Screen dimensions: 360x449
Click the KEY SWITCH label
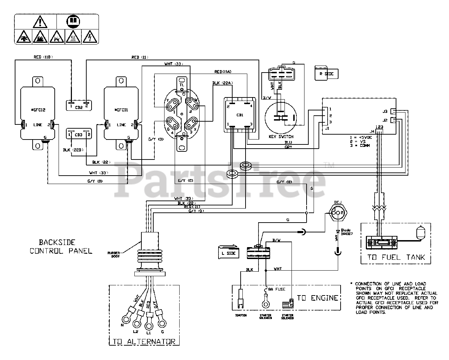(x=280, y=137)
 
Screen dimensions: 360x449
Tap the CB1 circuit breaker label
(x=240, y=114)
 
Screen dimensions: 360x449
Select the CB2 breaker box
(x=79, y=106)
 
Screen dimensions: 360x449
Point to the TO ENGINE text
(x=318, y=298)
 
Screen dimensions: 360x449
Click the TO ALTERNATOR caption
(x=144, y=342)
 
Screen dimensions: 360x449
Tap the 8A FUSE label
(x=277, y=289)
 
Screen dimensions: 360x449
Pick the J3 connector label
(x=385, y=111)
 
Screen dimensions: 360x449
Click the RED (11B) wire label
(x=42, y=57)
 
